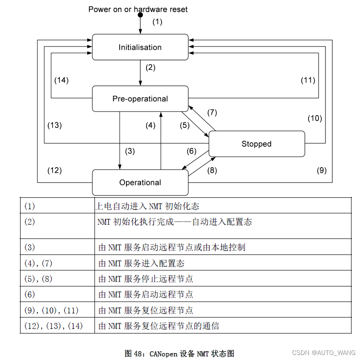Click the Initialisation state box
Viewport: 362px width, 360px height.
pyautogui.click(x=140, y=47)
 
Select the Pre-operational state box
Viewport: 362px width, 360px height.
pyautogui.click(x=140, y=99)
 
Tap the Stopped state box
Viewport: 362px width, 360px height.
pyautogui.click(x=257, y=144)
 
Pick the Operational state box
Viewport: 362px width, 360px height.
pyautogui.click(x=140, y=182)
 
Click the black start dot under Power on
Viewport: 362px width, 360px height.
pyautogui.click(x=141, y=16)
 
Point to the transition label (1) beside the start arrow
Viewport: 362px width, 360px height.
pyautogui.click(x=157, y=21)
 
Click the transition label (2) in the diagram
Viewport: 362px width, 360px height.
pyautogui.click(x=151, y=68)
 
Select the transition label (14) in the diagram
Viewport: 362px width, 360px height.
pyautogui.click(x=61, y=80)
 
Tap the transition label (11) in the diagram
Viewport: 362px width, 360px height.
pyautogui.click(x=308, y=80)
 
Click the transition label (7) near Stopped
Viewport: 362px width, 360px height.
pyautogui.click(x=212, y=112)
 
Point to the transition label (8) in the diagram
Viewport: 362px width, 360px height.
pyautogui.click(x=212, y=170)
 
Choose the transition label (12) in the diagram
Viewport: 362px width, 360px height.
pyautogui.click(x=54, y=170)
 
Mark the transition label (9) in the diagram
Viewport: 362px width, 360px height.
pyautogui.click(x=322, y=170)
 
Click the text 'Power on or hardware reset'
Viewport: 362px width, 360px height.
pyautogui.click(x=138, y=9)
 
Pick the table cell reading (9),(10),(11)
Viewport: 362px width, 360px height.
pyautogui.click(x=51, y=310)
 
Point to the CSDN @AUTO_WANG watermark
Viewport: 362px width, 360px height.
pyautogui.click(x=324, y=353)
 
